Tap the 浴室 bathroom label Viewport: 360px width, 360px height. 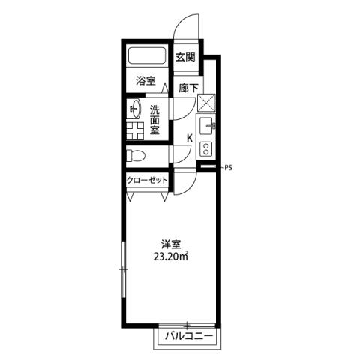pyautogui.click(x=145, y=80)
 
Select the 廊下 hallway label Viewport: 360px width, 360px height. pyautogui.click(x=189, y=87)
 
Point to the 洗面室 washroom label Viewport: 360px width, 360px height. pyautogui.click(x=154, y=118)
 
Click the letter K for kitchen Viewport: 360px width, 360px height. pyautogui.click(x=189, y=138)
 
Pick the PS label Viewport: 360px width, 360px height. pyautogui.click(x=228, y=168)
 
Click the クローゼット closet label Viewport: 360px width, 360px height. pyautogui.click(x=146, y=181)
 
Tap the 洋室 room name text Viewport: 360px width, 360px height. pyautogui.click(x=170, y=244)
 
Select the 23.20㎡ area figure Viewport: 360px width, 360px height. pyautogui.click(x=170, y=256)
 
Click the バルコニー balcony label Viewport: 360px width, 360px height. pyautogui.click(x=187, y=335)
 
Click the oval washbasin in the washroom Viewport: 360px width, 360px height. pyautogui.click(x=135, y=109)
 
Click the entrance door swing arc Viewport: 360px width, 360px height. pyautogui.click(x=187, y=26)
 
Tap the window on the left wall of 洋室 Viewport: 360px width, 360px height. pyautogui.click(x=121, y=267)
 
